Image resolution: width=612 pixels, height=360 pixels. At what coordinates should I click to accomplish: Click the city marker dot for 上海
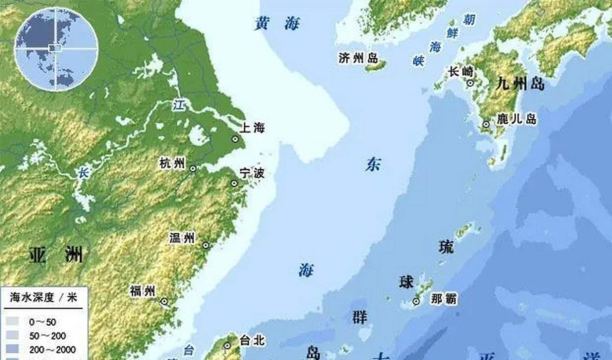pos(235,139)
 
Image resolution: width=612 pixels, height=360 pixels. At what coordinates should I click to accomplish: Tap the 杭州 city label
pos(172,163)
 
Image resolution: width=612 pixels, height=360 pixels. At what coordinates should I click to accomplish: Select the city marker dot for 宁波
pos(234,183)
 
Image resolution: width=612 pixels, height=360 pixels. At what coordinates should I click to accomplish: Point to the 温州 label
pos(182,238)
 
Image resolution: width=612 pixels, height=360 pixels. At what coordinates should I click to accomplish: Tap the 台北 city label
pos(252,341)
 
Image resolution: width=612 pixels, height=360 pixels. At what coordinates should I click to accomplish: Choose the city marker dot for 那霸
pos(416,301)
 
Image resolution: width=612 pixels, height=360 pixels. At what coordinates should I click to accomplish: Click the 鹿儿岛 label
pos(516,119)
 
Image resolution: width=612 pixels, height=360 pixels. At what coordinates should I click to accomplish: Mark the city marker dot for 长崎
pos(470,83)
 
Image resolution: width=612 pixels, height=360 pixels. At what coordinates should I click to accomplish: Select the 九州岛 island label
pos(520,84)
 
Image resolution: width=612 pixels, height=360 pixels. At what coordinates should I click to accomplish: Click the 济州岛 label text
pos(358,58)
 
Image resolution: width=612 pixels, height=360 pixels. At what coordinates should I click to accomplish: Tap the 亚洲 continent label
pos(56,255)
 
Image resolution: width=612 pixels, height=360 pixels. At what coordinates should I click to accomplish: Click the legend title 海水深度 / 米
pos(43,297)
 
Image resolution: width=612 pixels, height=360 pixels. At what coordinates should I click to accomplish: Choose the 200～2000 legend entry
pos(52,350)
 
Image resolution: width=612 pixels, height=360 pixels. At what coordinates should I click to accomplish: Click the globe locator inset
pos(56,49)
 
